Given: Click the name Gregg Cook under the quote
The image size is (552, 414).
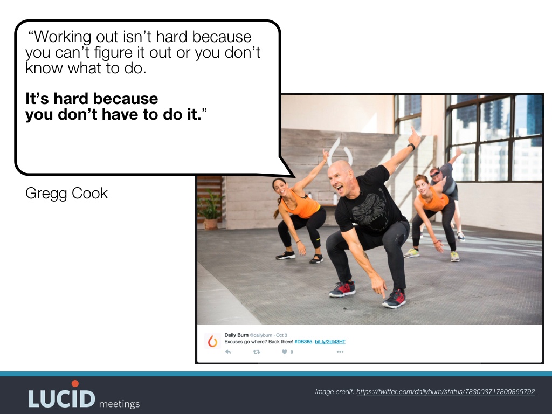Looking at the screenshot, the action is pos(66,194).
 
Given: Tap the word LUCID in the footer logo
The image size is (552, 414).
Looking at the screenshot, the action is pos(62,398).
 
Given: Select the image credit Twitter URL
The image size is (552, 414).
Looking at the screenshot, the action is pos(446,391).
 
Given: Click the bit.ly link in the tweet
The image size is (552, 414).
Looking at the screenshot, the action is pos(330,341).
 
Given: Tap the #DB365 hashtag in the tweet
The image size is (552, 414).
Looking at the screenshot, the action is pos(303,341).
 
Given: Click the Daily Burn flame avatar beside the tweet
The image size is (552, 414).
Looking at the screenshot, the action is pos(212,341).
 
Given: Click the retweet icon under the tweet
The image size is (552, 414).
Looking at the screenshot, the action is pos(257,351).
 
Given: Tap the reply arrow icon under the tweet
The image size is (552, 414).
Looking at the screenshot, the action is pos(228,351).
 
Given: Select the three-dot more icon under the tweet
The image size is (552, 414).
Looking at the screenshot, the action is pos(340,351).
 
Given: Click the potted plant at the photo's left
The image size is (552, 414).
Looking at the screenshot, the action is pos(210,210).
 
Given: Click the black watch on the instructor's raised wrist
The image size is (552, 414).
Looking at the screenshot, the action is pos(411,147).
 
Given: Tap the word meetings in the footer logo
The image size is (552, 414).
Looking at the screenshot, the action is pos(119,404).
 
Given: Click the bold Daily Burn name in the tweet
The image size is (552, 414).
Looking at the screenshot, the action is pos(237,335).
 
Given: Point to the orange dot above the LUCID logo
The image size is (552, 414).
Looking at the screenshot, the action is pos(75,384).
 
